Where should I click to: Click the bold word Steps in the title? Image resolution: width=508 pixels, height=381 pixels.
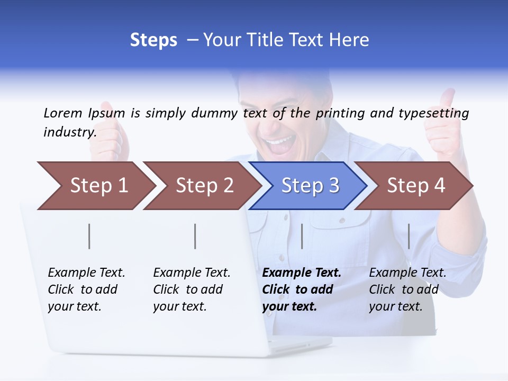click(x=153, y=40)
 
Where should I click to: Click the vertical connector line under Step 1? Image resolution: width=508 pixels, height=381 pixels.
click(x=89, y=236)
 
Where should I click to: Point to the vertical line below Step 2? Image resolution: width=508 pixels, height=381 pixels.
click(x=195, y=236)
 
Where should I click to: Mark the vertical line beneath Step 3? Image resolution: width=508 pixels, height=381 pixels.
click(x=302, y=236)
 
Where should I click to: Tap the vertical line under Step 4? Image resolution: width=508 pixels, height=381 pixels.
click(x=409, y=236)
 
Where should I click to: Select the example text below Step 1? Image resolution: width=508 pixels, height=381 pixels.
click(x=86, y=289)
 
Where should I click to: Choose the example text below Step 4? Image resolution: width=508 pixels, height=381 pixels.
click(x=407, y=289)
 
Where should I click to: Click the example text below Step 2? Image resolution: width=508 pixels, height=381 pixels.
click(x=192, y=289)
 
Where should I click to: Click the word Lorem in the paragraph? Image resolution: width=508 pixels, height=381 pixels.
click(x=62, y=113)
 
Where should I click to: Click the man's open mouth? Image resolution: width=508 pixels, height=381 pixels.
click(x=279, y=143)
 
